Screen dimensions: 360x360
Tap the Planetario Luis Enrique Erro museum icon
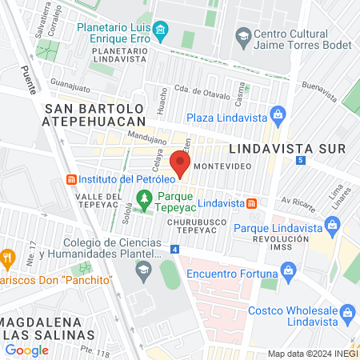(x=161, y=32)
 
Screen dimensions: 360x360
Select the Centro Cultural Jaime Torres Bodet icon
(x=242, y=35)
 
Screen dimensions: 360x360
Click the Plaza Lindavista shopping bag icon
(x=277, y=114)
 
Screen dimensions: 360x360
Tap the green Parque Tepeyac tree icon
(x=144, y=198)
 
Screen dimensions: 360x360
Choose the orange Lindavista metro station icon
(x=253, y=203)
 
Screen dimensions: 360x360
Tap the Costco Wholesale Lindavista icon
(x=346, y=310)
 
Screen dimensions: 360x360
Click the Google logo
(x=26, y=350)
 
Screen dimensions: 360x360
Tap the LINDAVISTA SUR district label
(x=286, y=149)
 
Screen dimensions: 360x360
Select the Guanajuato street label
(x=70, y=82)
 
